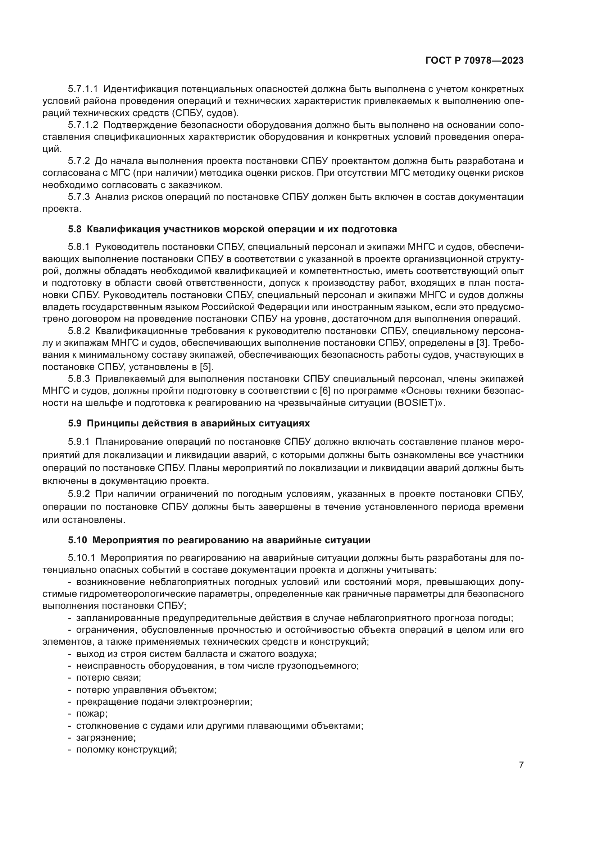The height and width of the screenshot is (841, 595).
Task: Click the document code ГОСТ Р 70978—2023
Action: [474, 61]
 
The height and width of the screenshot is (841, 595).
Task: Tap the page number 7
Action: [521, 765]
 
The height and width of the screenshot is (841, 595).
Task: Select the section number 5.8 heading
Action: [74, 229]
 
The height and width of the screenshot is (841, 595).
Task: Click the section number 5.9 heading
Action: [74, 424]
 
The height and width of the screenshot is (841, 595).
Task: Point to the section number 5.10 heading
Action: [77, 540]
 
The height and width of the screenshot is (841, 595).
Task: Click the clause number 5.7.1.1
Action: [83, 89]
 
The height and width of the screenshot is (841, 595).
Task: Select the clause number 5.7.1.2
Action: [83, 125]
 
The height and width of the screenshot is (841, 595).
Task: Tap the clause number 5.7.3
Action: [79, 197]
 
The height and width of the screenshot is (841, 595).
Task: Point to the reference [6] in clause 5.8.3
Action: [325, 391]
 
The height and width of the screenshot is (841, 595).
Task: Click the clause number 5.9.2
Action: [79, 494]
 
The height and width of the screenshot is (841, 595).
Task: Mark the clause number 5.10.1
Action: [81, 558]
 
